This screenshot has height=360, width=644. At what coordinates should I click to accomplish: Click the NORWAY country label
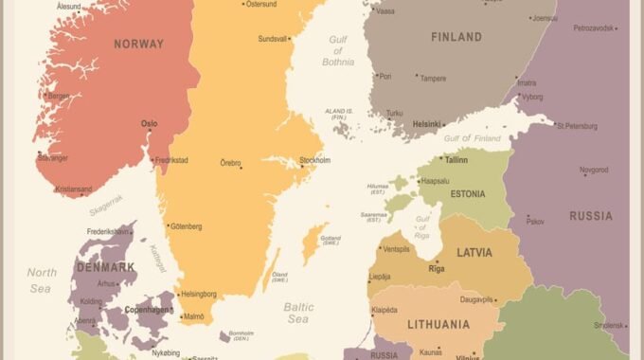(138, 44)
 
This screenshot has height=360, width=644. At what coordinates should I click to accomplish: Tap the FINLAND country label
(456, 37)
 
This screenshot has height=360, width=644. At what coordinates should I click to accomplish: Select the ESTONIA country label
(467, 194)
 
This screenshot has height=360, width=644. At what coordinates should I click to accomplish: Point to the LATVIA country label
(474, 253)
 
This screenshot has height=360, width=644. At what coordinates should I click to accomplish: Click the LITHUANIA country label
(438, 325)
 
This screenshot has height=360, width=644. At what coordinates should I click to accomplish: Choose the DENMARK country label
(104, 267)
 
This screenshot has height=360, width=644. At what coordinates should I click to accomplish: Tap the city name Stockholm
(314, 160)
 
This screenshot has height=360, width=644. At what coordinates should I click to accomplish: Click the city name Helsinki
(427, 124)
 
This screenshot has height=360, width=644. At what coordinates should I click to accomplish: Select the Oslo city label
(150, 123)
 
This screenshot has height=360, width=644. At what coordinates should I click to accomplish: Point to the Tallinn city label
(456, 160)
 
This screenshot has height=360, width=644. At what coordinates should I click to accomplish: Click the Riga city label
(437, 269)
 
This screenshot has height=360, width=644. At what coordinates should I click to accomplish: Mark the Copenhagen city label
(147, 310)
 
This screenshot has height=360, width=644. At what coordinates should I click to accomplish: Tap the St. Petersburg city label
(577, 125)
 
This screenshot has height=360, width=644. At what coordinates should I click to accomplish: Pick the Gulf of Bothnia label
(341, 50)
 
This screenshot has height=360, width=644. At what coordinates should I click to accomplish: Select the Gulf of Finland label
(472, 139)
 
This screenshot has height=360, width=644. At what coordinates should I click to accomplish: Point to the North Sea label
(40, 279)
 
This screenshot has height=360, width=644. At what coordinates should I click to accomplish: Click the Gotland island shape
(310, 244)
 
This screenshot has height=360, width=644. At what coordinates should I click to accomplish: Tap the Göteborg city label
(185, 226)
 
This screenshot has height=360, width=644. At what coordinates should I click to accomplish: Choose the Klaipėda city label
(384, 310)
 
